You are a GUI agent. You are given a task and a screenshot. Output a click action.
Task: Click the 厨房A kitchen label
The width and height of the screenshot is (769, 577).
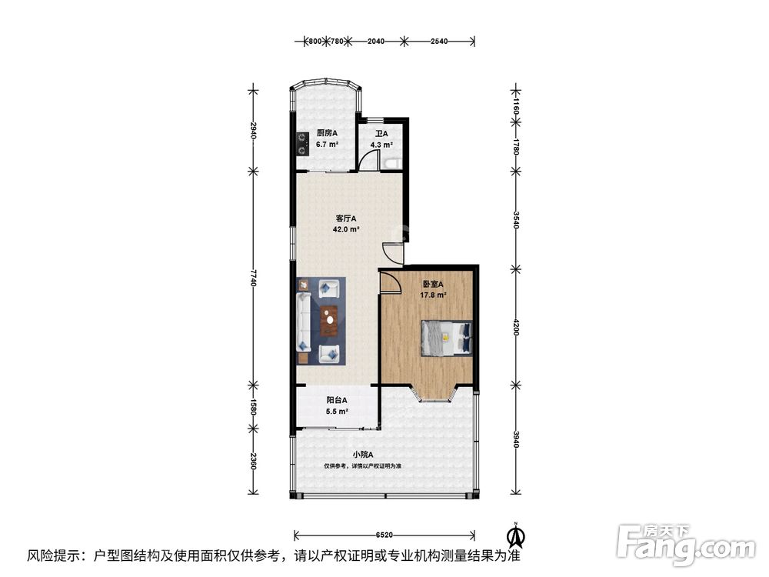[327, 133]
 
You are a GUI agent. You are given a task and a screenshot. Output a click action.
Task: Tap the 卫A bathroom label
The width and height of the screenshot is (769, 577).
[381, 133]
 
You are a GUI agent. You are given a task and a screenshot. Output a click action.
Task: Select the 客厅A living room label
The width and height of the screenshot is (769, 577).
[346, 218]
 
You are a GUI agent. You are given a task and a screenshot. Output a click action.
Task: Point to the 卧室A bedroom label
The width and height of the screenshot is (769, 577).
[433, 284]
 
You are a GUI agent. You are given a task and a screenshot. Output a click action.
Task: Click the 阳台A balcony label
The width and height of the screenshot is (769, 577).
[337, 400]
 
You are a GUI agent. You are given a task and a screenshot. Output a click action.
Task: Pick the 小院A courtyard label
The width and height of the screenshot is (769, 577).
[363, 455]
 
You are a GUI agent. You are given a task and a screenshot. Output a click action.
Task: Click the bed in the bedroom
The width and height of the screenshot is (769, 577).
[446, 338]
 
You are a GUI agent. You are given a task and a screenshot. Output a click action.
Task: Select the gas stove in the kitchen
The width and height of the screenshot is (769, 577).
[301, 144]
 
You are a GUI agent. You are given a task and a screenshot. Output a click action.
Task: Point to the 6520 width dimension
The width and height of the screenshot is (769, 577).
[384, 535]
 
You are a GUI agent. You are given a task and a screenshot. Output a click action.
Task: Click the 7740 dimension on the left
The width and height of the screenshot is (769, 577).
[253, 278]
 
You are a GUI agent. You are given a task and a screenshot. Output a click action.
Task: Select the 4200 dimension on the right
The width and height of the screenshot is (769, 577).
[515, 327]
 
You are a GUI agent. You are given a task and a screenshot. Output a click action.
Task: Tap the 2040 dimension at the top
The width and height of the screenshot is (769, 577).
[376, 42]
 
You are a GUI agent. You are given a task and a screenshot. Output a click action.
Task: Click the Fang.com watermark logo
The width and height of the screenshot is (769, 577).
[686, 545]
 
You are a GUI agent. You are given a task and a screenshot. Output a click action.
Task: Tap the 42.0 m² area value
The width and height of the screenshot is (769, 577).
[346, 229]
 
